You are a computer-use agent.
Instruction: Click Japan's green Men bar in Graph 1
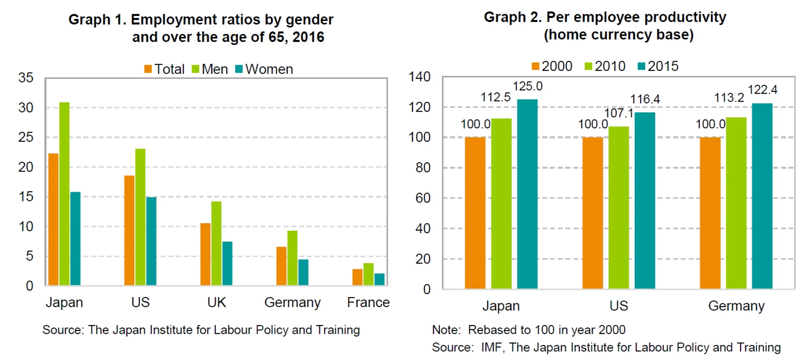click(64, 193)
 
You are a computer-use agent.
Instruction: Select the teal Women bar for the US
click(151, 241)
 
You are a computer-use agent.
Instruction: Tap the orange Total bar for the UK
click(205, 254)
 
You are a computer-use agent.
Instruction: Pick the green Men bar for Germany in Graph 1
click(292, 258)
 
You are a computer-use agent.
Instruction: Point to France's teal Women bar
click(379, 279)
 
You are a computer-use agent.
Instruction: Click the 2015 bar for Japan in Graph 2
click(527, 194)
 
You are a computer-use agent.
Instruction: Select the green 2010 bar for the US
click(618, 207)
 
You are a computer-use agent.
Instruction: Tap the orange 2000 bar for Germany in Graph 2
click(710, 213)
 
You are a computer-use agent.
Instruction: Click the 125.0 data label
click(527, 86)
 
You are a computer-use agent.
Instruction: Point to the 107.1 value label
click(618, 113)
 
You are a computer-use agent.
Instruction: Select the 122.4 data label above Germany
click(762, 90)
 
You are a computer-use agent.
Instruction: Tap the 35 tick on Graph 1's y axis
click(26, 78)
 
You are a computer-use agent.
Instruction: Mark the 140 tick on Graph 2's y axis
click(419, 77)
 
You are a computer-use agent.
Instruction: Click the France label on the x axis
click(368, 303)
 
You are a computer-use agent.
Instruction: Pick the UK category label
click(216, 303)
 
